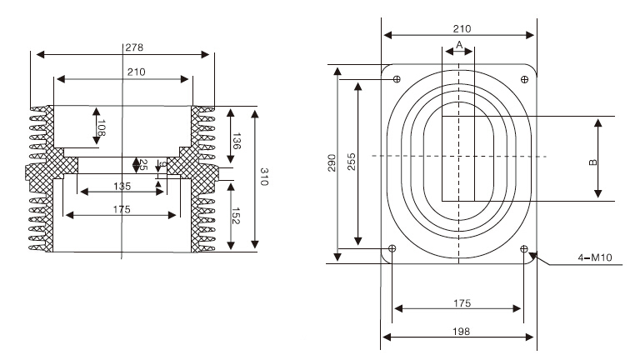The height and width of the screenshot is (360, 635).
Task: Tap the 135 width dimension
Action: point(122,185)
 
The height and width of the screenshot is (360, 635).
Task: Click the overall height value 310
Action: point(263,177)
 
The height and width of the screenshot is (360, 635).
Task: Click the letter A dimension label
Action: point(458,43)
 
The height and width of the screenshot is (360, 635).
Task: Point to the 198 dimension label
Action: point(458,331)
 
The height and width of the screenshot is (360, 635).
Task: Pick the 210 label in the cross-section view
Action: point(136,72)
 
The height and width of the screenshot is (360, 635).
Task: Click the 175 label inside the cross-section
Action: point(122,209)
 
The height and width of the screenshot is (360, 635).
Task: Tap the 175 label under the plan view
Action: point(458,302)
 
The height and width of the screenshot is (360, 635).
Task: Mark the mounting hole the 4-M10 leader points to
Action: point(524,248)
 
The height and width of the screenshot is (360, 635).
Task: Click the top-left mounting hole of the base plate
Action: point(396,79)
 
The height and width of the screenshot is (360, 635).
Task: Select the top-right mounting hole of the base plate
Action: point(524,79)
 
